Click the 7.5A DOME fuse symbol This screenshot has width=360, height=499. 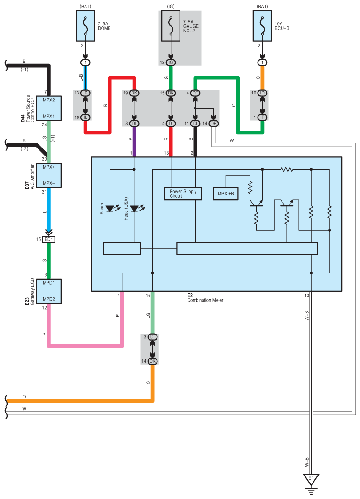(x=85, y=26)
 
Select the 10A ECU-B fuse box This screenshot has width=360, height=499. (x=262, y=26)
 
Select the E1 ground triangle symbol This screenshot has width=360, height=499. (x=310, y=480)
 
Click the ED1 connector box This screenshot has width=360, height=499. (x=49, y=239)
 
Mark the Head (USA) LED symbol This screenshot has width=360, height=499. (x=135, y=208)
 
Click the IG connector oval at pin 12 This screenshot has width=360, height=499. (x=171, y=62)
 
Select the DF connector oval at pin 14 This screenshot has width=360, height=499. (x=214, y=123)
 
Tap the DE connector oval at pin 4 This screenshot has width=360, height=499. (x=196, y=93)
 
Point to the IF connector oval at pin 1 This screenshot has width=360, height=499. (x=262, y=117)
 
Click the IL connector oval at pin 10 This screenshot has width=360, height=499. (x=86, y=117)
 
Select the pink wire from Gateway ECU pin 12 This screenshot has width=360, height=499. (x=85, y=346)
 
